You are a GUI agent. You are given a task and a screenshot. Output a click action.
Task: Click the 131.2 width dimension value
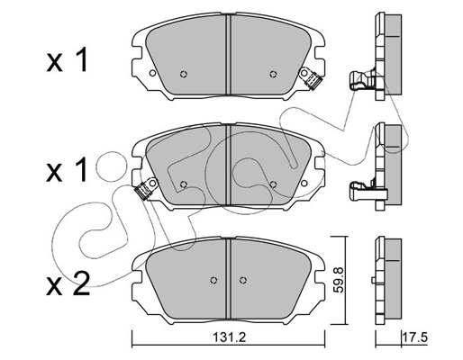[x=230, y=338]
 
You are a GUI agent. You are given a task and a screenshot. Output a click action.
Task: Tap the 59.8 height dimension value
[x=338, y=280]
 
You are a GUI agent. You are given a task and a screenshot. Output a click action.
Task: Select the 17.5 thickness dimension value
[x=415, y=338]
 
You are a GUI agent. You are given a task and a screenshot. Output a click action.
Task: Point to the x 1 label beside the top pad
[x=68, y=60]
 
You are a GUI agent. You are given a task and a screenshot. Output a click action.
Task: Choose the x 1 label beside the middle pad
[x=68, y=170]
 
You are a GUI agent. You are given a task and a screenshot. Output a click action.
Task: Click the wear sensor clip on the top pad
[x=312, y=78]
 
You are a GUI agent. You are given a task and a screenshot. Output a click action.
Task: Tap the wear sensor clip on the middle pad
[x=146, y=189]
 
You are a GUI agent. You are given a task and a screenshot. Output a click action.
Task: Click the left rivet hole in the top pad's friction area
[x=184, y=74]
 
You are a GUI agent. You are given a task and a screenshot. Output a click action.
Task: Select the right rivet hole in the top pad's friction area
[x=273, y=74]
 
